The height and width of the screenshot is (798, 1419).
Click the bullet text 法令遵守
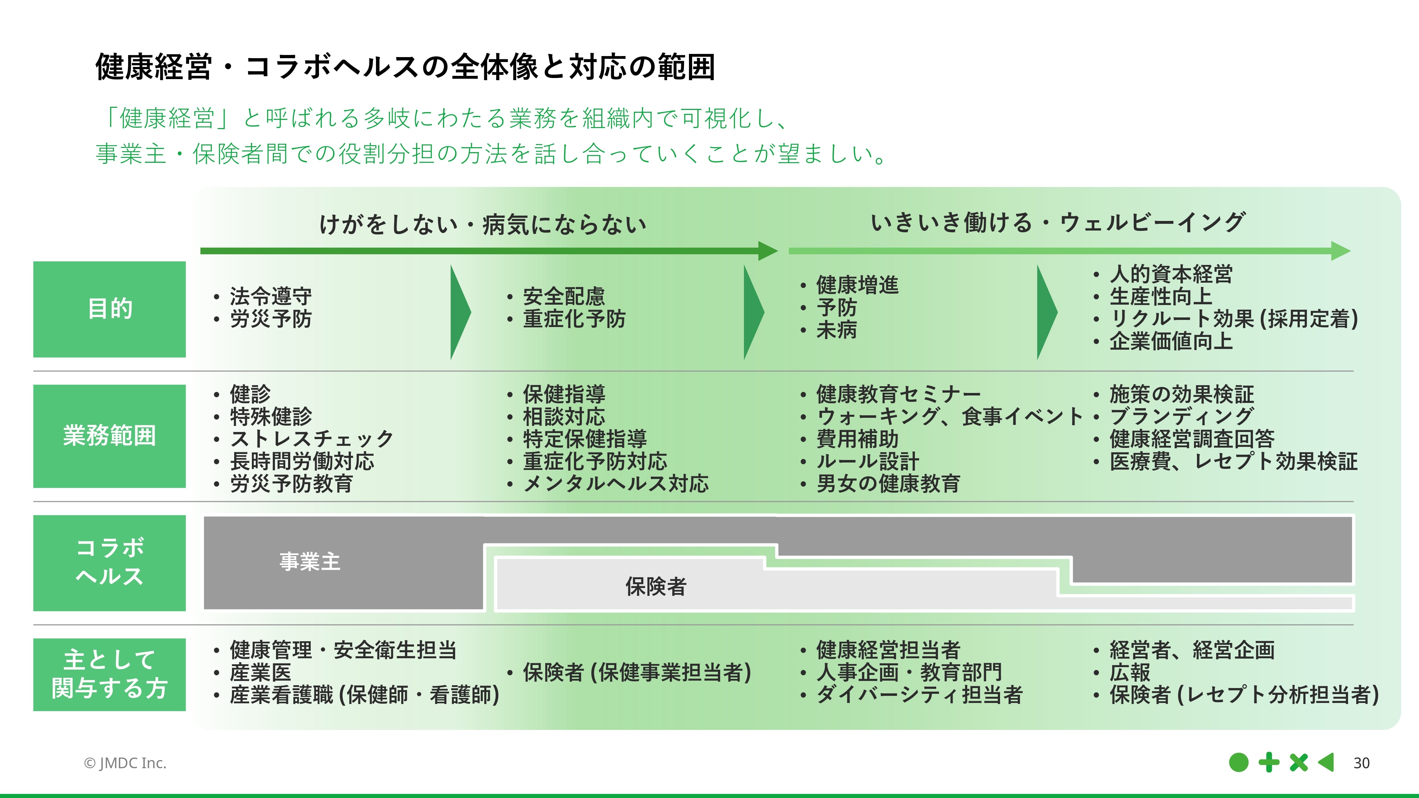click(x=270, y=296)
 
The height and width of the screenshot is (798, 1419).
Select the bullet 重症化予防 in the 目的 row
click(x=574, y=319)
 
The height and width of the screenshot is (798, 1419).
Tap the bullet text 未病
click(x=836, y=330)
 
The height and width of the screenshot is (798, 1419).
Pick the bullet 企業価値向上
click(x=1171, y=342)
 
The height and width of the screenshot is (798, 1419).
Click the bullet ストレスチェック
click(x=311, y=439)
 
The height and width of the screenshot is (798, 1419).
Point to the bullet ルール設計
click(x=867, y=461)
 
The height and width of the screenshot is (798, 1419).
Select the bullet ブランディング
click(x=1182, y=416)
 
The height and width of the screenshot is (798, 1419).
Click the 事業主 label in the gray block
click(x=310, y=562)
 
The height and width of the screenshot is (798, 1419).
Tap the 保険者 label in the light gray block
click(x=656, y=587)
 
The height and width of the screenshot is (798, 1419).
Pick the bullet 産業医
click(x=260, y=672)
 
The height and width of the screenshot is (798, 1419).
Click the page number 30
click(x=1361, y=763)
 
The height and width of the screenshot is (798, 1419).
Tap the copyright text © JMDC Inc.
click(x=125, y=763)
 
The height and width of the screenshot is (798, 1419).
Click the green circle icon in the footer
click(x=1238, y=763)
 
